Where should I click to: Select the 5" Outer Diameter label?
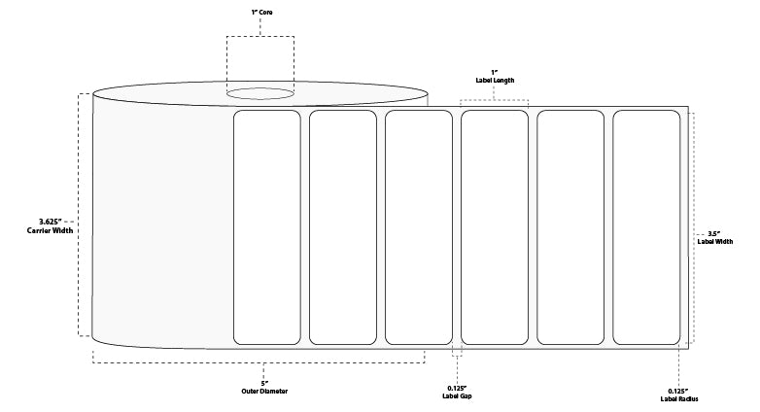(x=264, y=386)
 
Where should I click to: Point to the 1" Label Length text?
(x=495, y=79)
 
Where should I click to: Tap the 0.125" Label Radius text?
(x=677, y=395)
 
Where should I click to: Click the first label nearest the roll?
(x=267, y=226)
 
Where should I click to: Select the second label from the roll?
(x=343, y=226)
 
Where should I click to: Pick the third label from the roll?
(x=419, y=226)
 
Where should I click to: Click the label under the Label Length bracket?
(x=495, y=226)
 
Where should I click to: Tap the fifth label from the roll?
(x=570, y=226)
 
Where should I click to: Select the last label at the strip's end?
(x=646, y=226)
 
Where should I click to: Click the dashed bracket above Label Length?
(x=495, y=99)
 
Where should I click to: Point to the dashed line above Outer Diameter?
(x=259, y=362)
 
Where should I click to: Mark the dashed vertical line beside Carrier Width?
(x=80, y=215)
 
